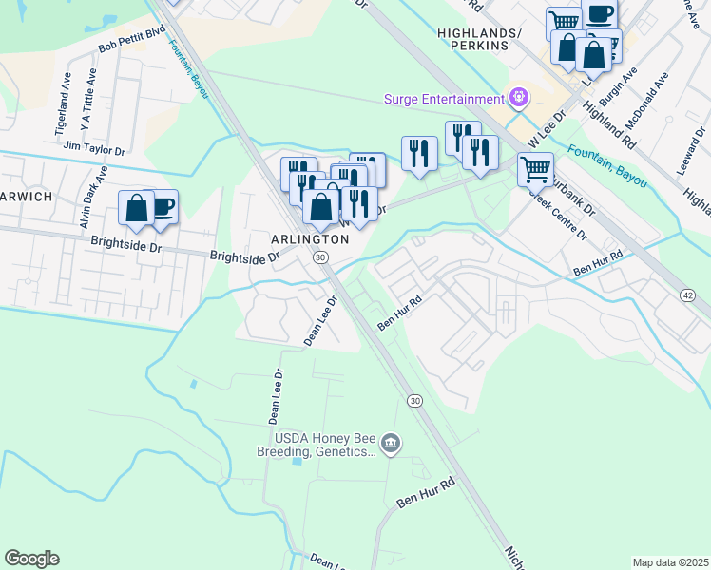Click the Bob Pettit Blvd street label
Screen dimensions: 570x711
point(131,39)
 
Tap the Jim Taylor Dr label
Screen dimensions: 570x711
point(93,148)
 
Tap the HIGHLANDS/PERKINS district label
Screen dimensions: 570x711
point(480,39)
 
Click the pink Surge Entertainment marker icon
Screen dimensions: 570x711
point(518,97)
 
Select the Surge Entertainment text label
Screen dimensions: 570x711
point(444,99)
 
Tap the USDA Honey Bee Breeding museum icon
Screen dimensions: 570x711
point(391,444)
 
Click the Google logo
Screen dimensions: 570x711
point(31,559)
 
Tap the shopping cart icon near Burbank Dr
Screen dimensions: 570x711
point(535,170)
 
